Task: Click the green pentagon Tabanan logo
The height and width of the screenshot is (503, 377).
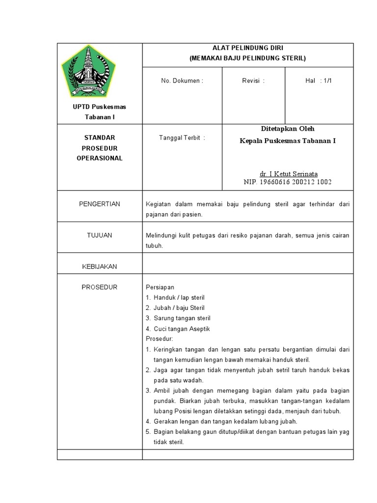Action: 88,72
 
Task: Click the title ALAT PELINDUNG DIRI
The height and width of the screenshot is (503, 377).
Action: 247,48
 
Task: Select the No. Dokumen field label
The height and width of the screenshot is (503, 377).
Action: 182,81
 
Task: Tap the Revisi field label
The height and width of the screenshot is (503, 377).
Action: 253,81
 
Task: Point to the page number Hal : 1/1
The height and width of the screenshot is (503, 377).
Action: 319,81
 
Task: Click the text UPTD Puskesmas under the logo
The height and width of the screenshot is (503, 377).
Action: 100,107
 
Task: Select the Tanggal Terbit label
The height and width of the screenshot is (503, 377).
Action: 182,138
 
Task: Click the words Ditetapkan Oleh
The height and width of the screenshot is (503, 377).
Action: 288,129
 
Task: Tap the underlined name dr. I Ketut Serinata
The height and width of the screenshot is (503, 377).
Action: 289,174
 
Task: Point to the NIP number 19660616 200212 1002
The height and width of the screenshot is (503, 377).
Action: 288,182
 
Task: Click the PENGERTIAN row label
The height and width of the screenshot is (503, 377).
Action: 100,204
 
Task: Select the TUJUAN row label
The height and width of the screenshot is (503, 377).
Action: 100,235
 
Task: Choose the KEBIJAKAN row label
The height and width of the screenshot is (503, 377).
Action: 100,266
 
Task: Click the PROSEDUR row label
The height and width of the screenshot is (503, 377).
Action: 100,287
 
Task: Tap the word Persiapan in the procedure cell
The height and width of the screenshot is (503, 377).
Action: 160,287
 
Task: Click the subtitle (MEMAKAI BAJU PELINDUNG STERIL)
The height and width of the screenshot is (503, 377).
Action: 247,58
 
